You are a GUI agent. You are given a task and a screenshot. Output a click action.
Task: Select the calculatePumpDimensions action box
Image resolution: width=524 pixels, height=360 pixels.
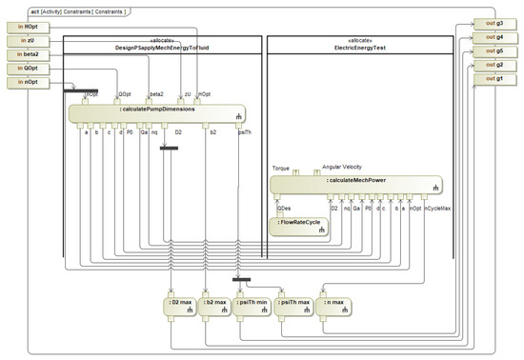tap(158, 111)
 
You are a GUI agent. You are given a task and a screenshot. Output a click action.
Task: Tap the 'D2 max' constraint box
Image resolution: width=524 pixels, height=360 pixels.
tap(182, 306)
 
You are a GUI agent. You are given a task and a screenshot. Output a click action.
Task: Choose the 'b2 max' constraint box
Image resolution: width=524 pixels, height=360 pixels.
tap(214, 306)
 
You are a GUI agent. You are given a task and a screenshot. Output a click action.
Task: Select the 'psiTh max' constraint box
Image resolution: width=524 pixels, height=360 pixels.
tap(294, 306)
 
